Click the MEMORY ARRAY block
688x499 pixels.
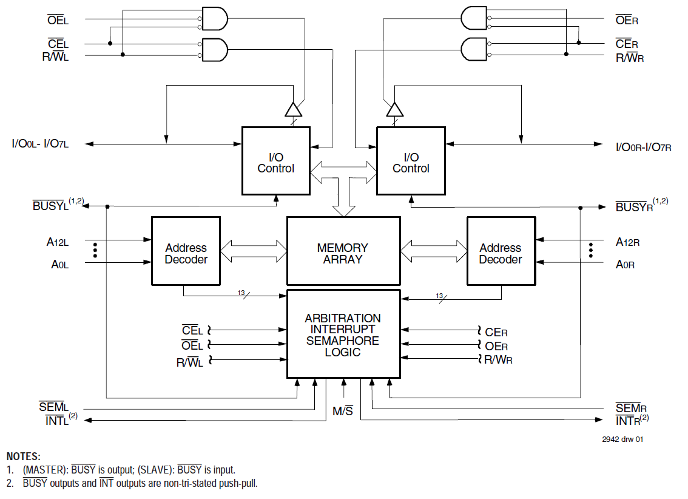tap(343, 251)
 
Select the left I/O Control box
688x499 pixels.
tap(275, 161)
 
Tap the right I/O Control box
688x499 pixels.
tap(411, 161)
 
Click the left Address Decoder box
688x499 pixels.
tap(186, 251)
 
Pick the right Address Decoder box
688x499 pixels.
tap(501, 251)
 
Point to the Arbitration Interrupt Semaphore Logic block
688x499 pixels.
tap(343, 334)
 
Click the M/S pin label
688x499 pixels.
tap(343, 411)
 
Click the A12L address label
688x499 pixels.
tap(58, 242)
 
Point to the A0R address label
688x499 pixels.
tap(626, 265)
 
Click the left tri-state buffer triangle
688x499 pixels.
tap(293, 109)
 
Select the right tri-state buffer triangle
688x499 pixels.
tap(394, 109)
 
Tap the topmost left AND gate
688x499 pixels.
tap(214, 18)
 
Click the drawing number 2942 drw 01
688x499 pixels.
tap(622, 440)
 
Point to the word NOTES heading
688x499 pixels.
tap(24, 457)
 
